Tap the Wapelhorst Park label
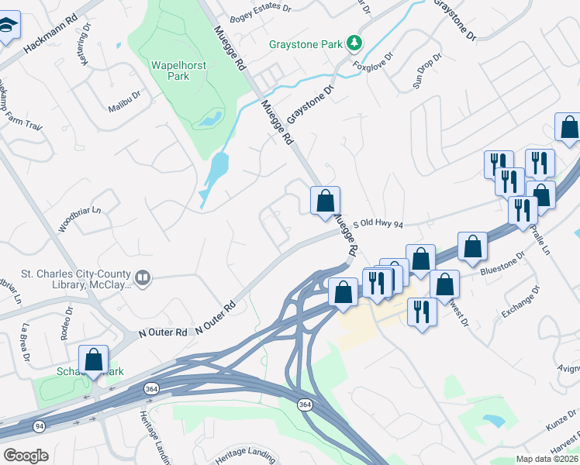[x=179, y=71]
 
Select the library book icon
[x=142, y=277]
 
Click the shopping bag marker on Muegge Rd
[x=325, y=200]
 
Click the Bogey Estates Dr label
[x=263, y=9]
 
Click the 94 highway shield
[x=38, y=427]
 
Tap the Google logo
[x=25, y=456]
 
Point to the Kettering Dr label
[x=83, y=54]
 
